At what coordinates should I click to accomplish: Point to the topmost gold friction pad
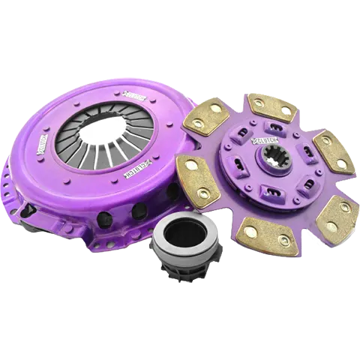[x=271, y=107]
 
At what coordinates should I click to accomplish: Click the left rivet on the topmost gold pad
[x=260, y=103]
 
